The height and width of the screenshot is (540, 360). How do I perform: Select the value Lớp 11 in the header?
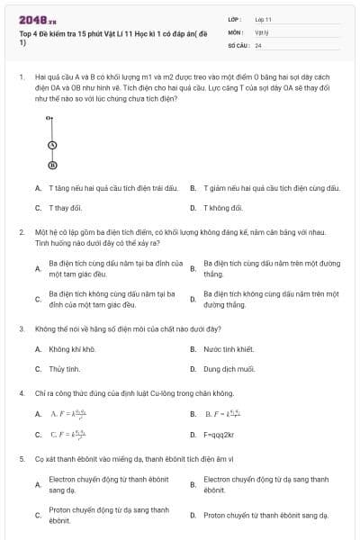point(264,19)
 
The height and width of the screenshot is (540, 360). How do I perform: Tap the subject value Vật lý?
point(262,31)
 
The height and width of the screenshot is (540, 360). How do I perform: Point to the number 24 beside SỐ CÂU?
point(258,44)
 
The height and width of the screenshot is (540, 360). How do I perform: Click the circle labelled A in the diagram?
point(52,145)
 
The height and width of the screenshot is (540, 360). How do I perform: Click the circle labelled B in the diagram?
point(52,165)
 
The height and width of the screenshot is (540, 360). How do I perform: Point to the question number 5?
point(21,458)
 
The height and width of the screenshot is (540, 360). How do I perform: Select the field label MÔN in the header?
point(235,31)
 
